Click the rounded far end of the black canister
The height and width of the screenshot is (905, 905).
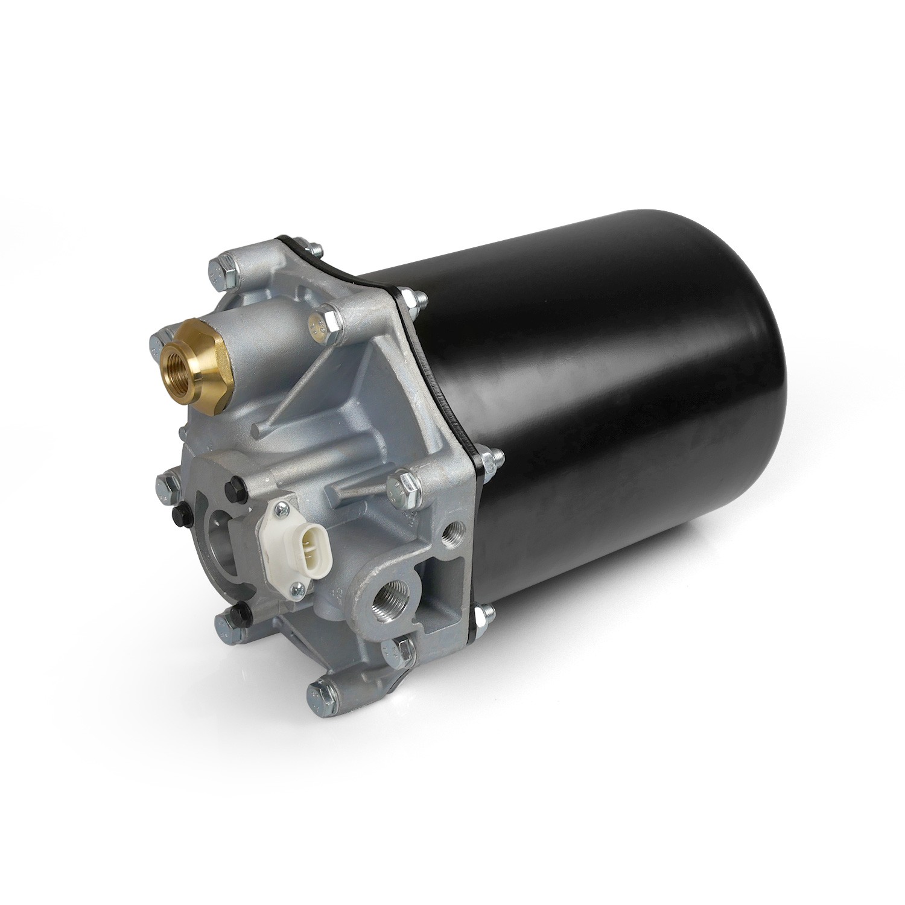coord(754,374)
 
